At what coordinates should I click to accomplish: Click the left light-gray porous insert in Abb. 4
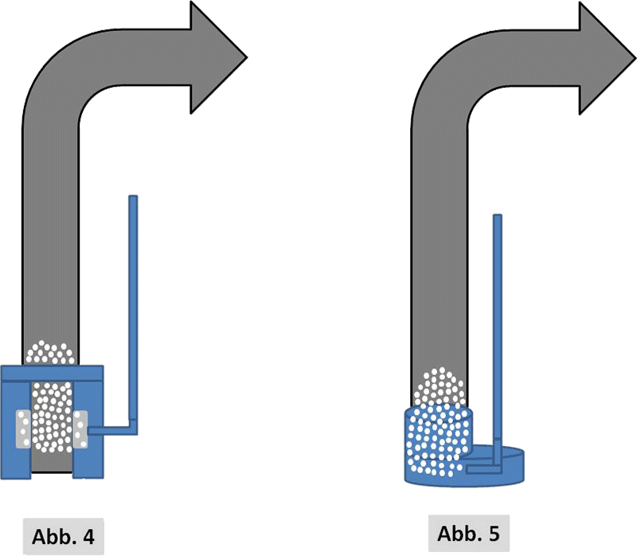25,429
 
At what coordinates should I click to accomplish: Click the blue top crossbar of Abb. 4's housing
53,373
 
